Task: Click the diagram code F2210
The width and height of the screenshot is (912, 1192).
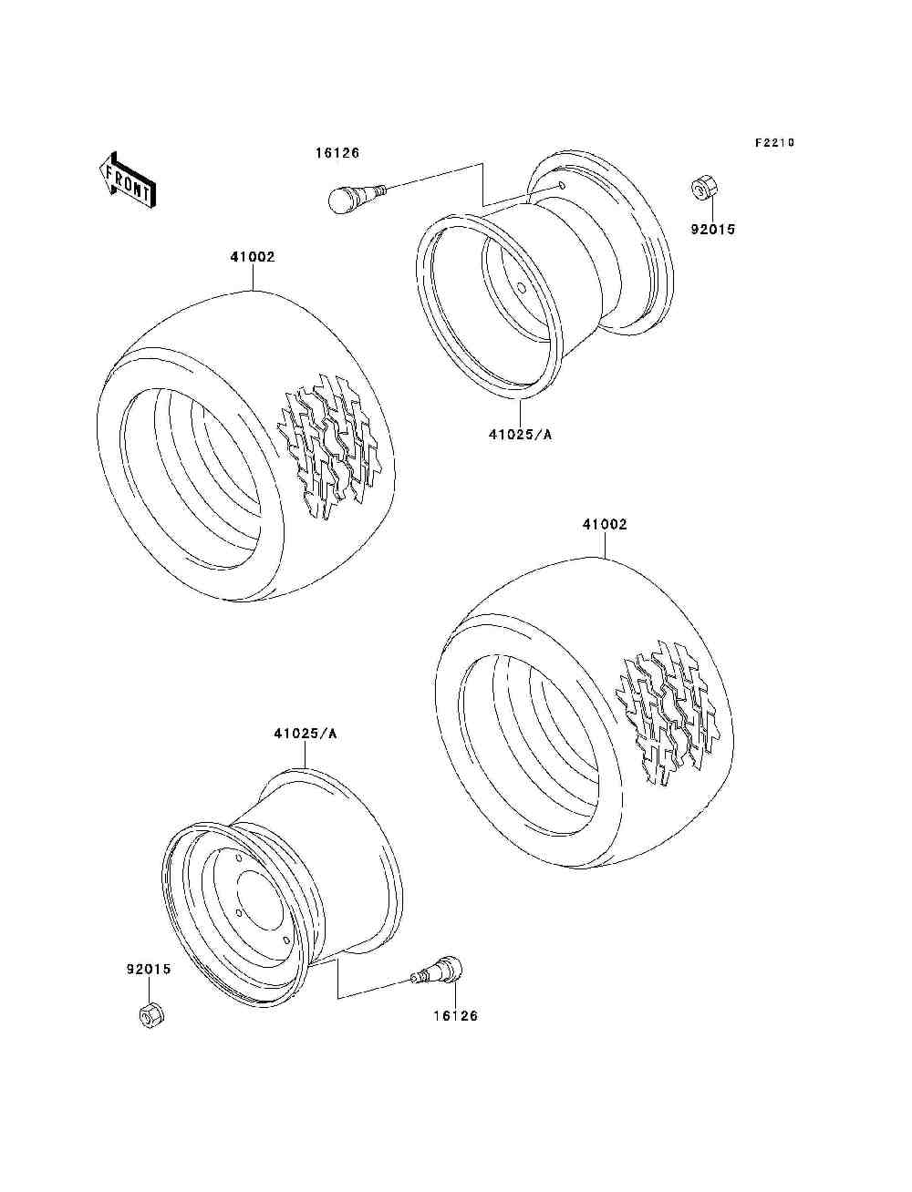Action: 774,142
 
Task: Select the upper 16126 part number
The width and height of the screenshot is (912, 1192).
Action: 337,153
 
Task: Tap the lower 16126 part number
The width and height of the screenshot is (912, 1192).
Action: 454,1015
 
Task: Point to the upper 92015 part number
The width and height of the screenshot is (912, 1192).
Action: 712,230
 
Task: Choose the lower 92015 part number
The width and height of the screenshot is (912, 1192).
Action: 148,970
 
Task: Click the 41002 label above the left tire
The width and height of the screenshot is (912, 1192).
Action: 252,257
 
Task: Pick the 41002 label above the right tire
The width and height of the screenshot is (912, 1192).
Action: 605,525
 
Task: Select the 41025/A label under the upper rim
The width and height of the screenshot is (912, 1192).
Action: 520,435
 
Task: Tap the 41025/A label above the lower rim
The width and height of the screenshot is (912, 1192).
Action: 305,734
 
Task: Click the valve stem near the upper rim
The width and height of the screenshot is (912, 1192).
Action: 356,195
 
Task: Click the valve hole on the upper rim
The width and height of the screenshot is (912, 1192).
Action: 562,187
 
